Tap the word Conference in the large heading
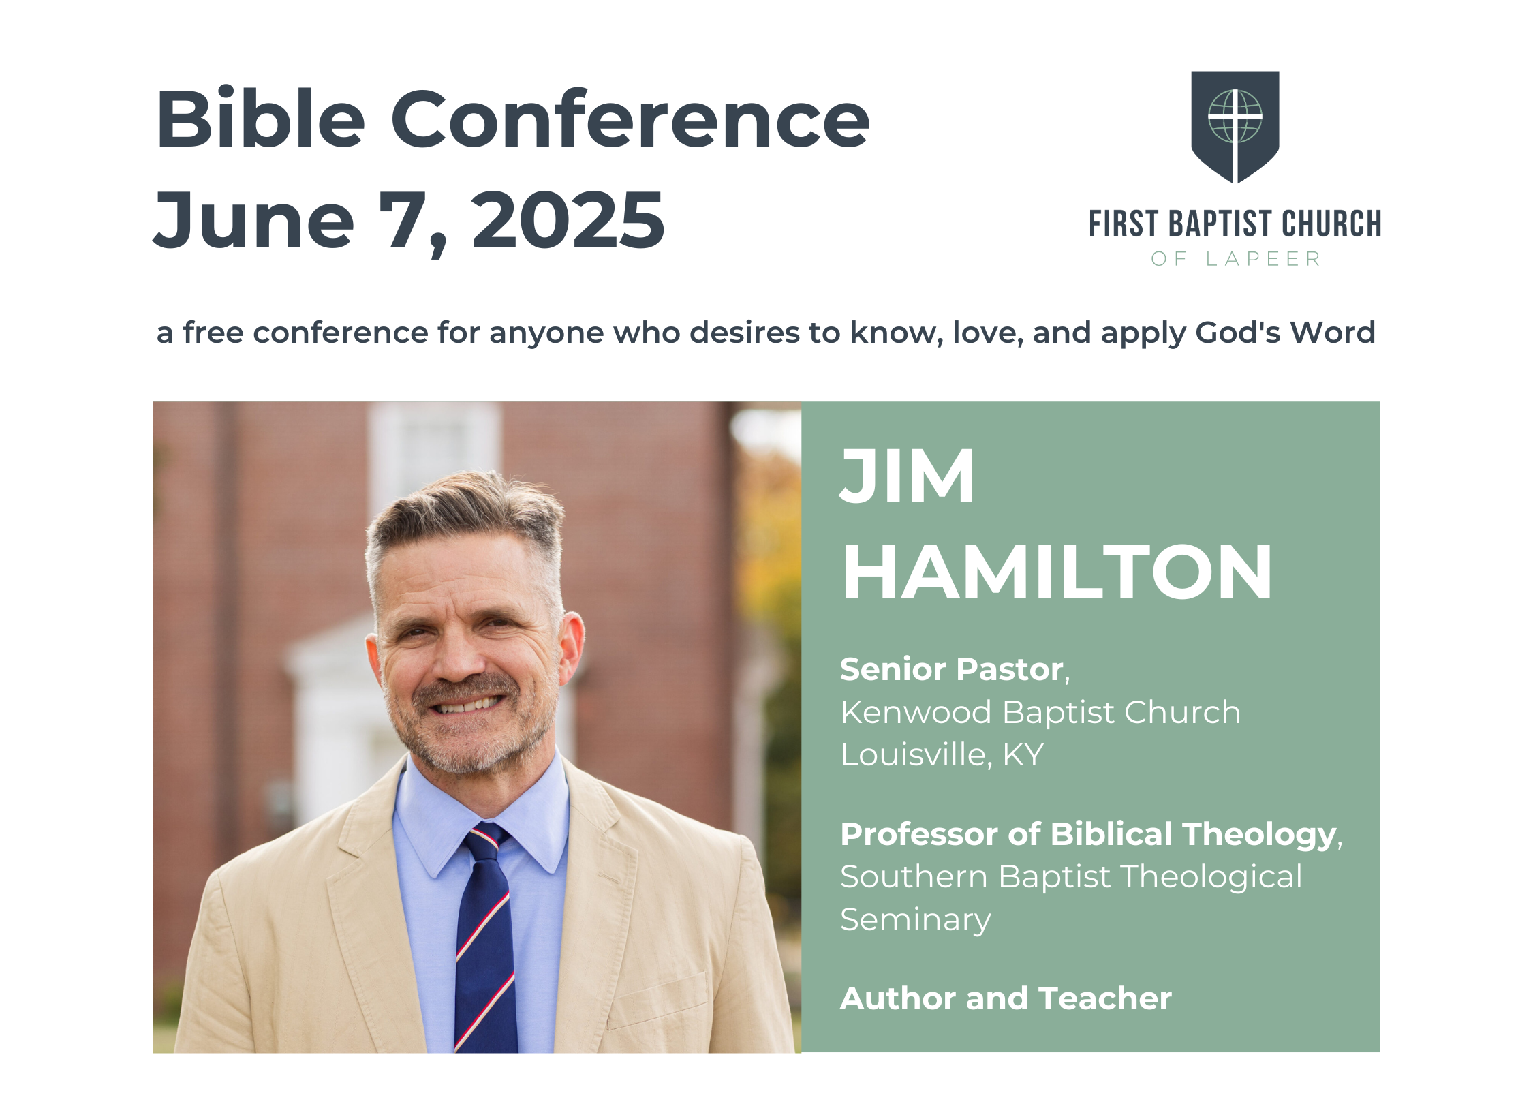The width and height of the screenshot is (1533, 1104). (630, 119)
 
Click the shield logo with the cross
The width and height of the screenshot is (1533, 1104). (1235, 127)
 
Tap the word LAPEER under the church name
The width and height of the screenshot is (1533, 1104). (1263, 259)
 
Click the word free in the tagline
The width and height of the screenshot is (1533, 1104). (213, 333)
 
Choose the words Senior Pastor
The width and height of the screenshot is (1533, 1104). (953, 669)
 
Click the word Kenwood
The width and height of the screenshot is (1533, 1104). (916, 712)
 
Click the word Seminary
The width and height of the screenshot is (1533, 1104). (916, 920)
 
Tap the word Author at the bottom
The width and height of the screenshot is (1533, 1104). (898, 998)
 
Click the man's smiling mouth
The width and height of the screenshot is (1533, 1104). (467, 703)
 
